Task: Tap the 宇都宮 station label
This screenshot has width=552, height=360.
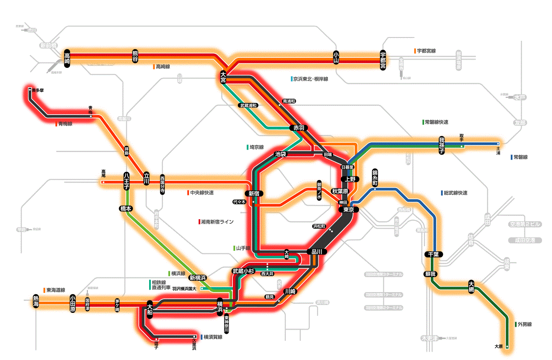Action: click(383, 60)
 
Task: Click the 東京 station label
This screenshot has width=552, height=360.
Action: click(348, 210)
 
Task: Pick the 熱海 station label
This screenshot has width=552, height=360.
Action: click(37, 301)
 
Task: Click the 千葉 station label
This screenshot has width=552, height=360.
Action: click(433, 254)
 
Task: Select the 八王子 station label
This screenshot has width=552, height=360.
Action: click(127, 182)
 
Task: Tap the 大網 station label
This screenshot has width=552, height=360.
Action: click(471, 287)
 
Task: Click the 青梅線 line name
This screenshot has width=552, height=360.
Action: click(65, 124)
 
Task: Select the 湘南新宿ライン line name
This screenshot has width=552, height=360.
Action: click(217, 222)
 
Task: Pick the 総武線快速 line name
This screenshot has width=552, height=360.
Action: click(455, 193)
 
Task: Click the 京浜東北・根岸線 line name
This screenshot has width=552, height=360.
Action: click(310, 79)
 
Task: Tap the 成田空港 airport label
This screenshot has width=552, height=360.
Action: click(525, 240)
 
